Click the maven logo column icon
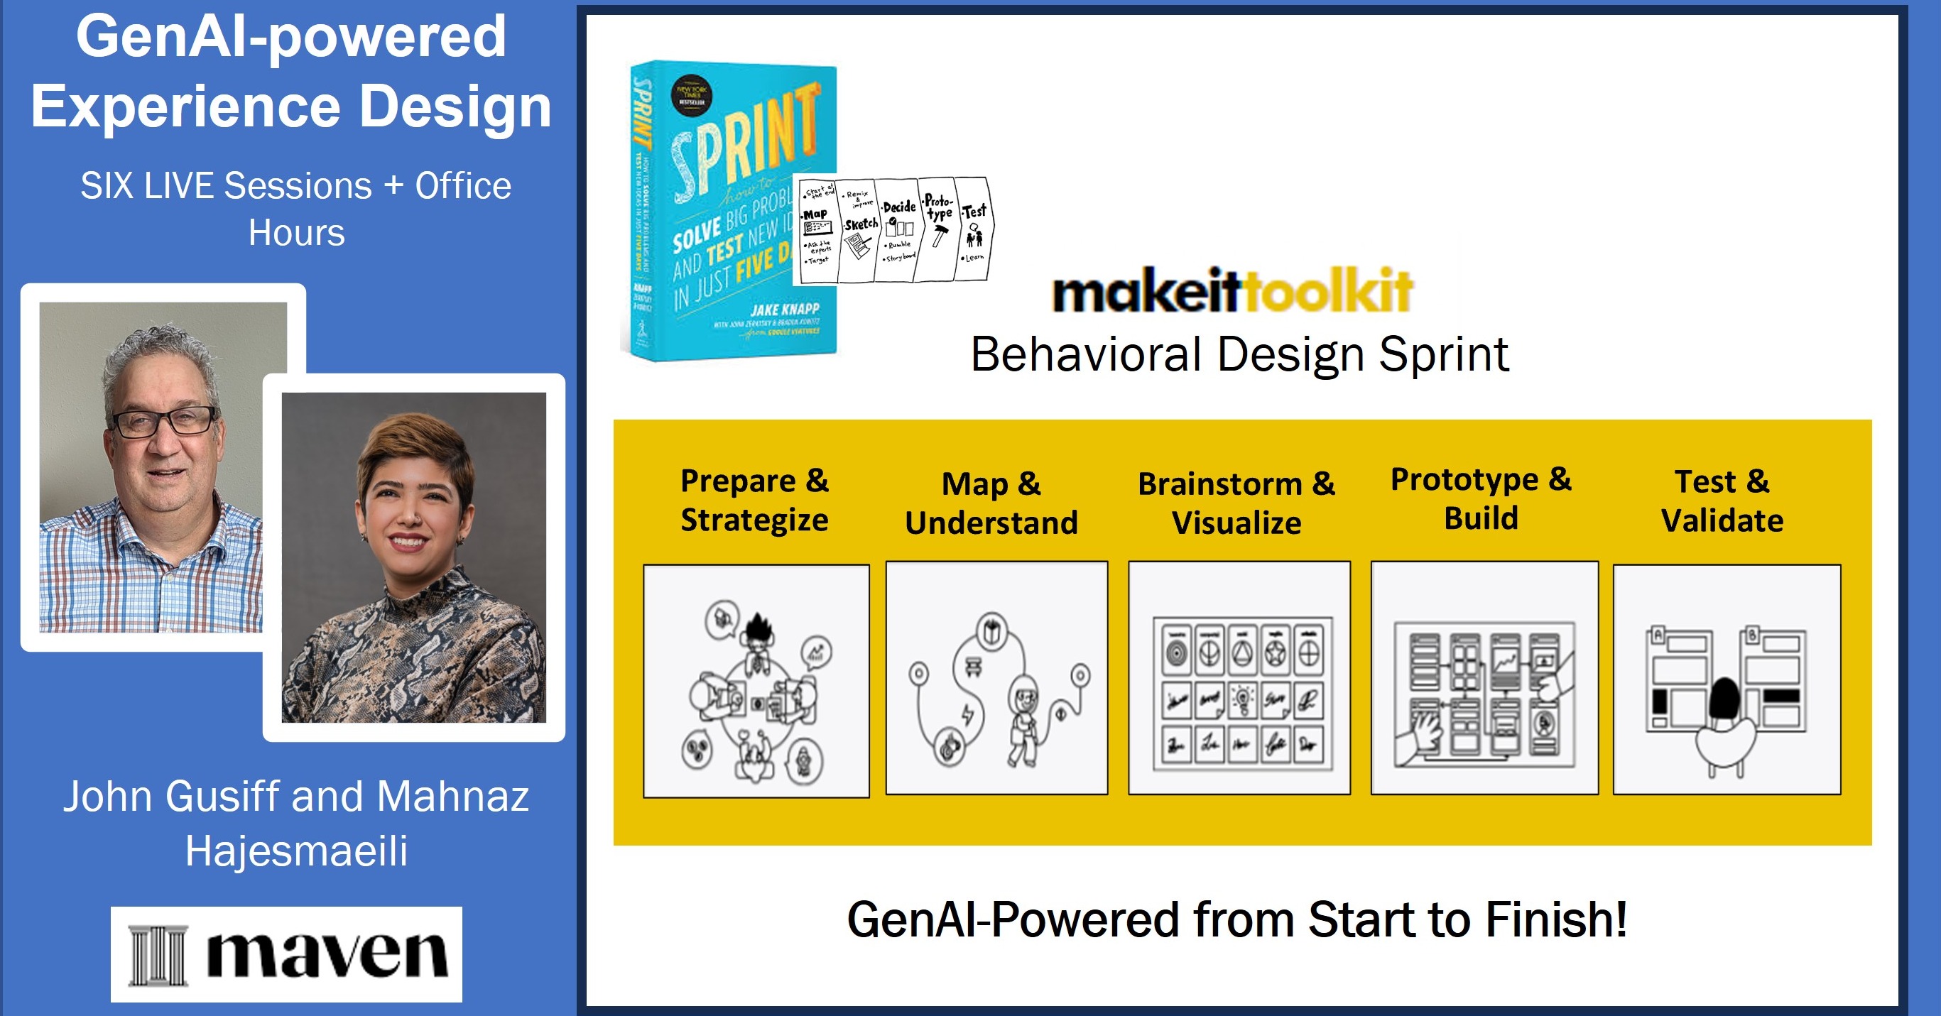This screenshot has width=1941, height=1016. tap(157, 955)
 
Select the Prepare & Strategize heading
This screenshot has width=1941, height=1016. tap(754, 500)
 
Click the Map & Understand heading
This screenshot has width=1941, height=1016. tap(991, 503)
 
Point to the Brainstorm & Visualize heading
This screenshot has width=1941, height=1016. tap(1236, 503)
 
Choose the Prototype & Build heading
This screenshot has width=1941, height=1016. tap(1481, 498)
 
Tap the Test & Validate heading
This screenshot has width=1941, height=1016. tap(1722, 501)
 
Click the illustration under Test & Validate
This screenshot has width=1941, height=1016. tap(1727, 679)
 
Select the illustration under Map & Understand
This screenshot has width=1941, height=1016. tap(996, 678)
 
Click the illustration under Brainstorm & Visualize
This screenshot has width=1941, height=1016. tap(1239, 678)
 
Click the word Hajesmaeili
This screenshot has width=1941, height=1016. tap(296, 851)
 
